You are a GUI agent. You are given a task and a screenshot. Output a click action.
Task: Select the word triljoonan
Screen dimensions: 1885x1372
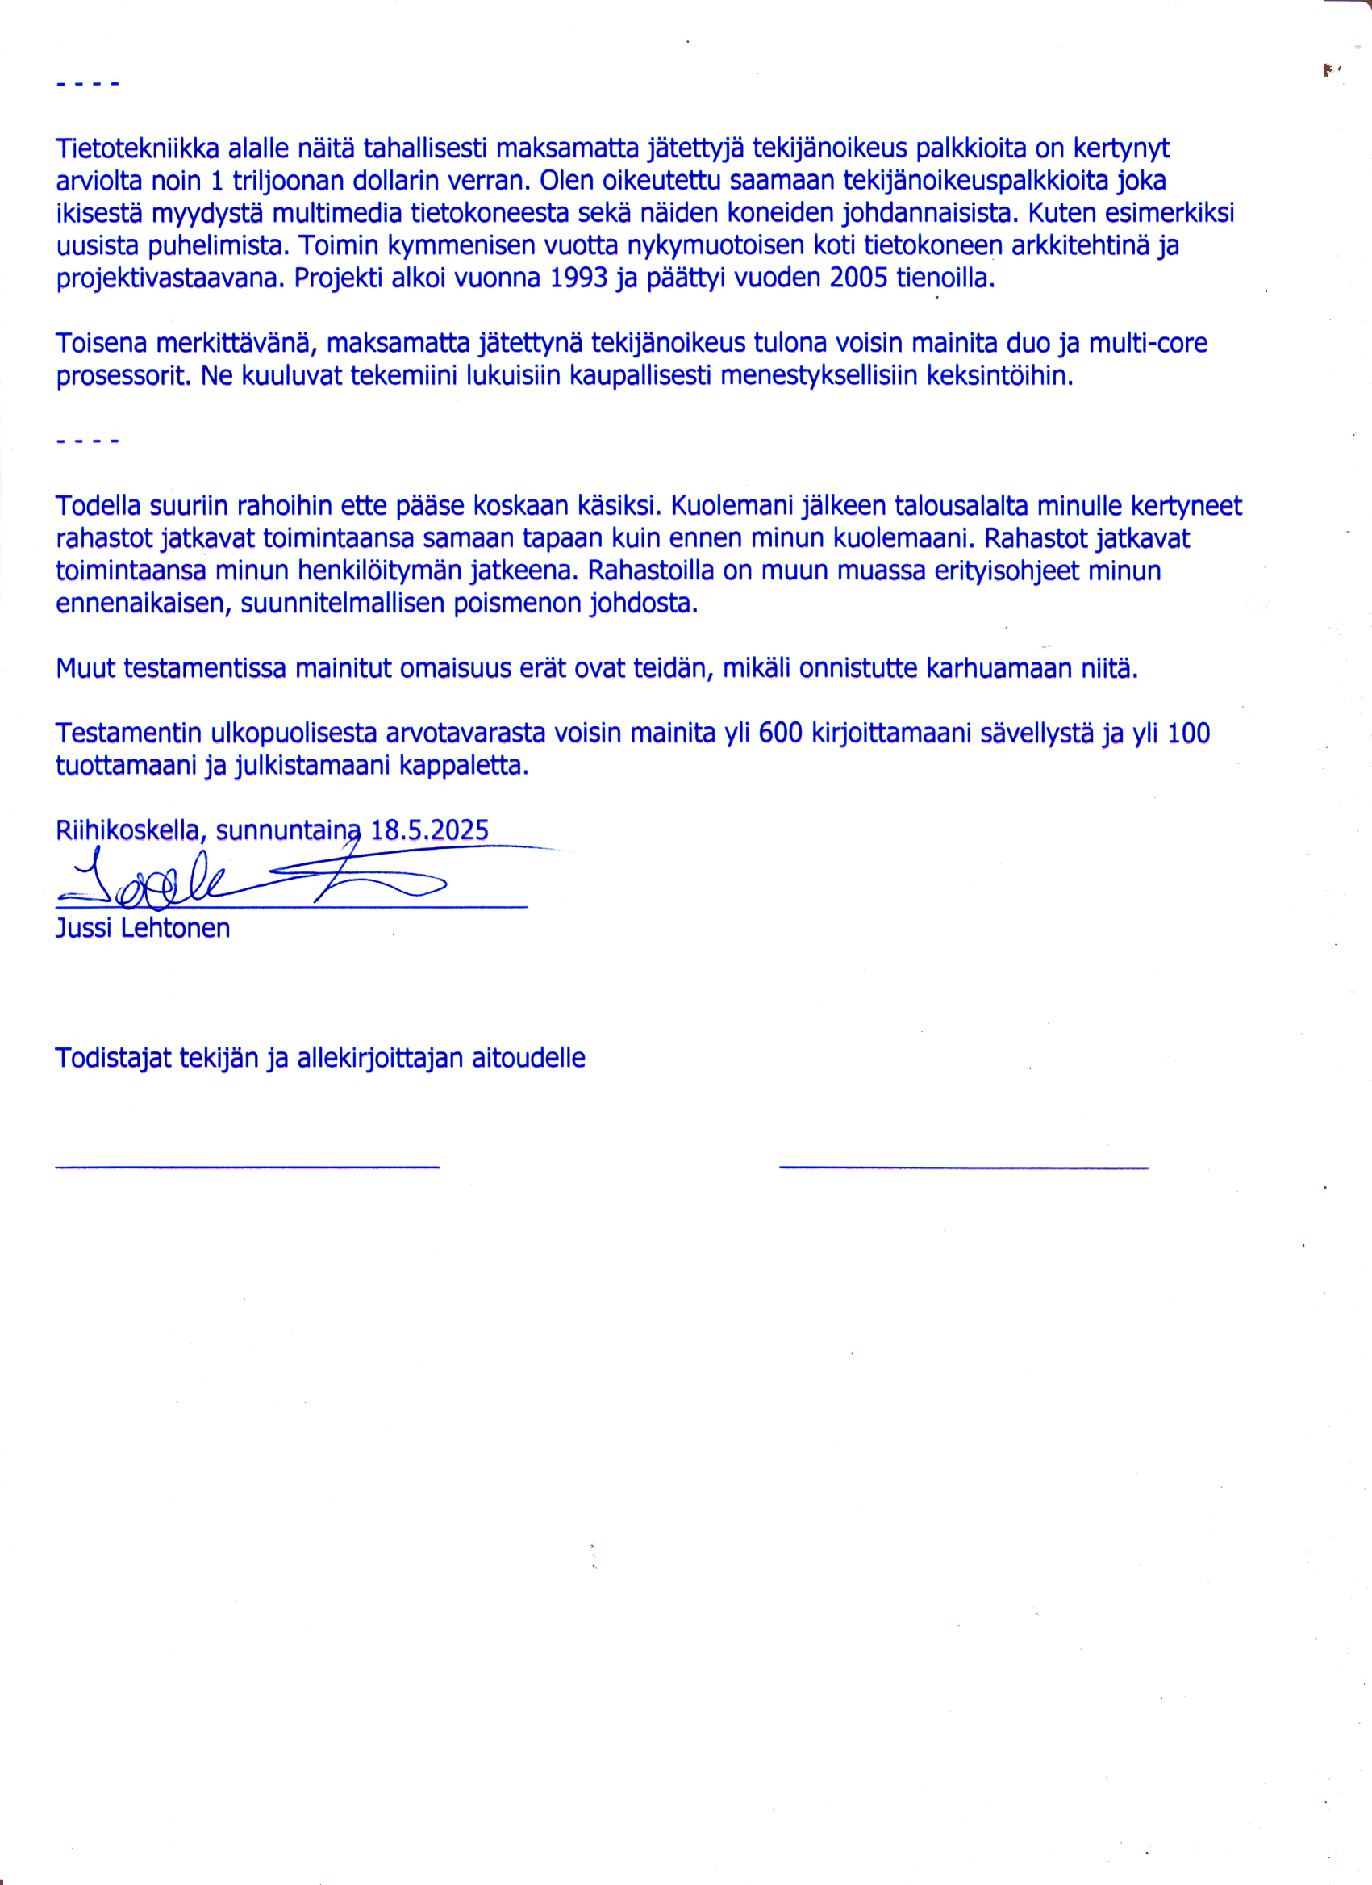tap(281, 182)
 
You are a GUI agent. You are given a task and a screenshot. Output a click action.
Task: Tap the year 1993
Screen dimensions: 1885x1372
tap(579, 278)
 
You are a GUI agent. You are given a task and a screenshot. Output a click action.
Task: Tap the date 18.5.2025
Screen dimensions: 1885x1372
tap(430, 830)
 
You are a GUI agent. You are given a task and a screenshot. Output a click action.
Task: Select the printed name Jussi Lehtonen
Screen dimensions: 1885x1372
tap(143, 928)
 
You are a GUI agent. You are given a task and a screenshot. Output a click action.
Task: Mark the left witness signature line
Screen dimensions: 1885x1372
tap(247, 1168)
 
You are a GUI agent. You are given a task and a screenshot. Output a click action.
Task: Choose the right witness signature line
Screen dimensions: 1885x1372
tap(963, 1168)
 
